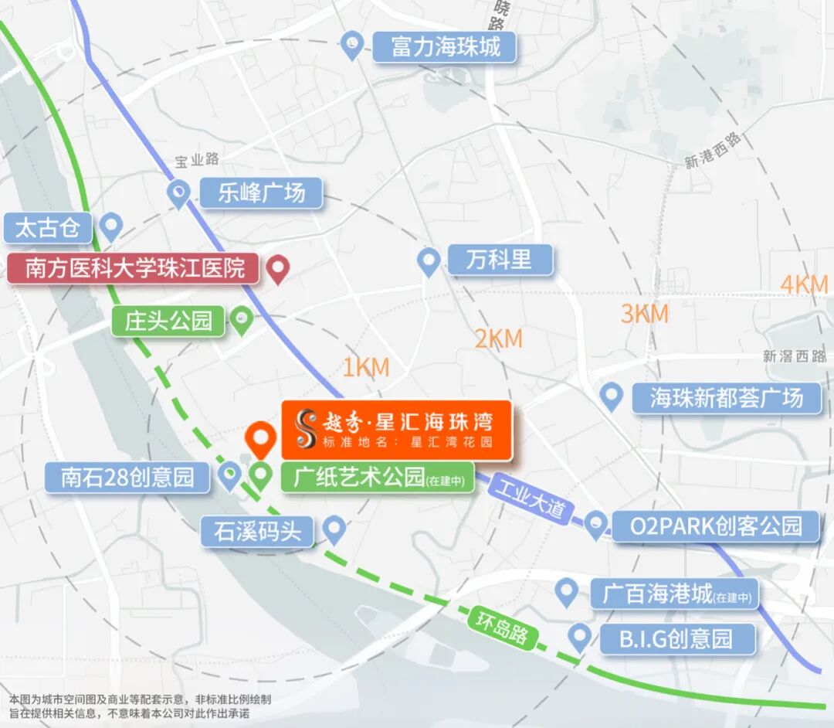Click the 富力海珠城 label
coord(445,47)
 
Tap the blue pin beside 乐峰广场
coord(179,192)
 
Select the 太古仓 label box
coord(48,229)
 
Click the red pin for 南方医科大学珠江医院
coord(277,268)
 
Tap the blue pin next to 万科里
coord(429,260)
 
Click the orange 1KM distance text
coord(365,368)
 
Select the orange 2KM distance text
coord(498,338)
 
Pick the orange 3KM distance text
coord(644,314)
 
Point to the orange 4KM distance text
coord(804,284)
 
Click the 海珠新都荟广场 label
coord(726,398)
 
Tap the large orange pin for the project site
coord(260,439)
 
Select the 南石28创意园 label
coord(127,477)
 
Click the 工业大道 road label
coord(531,501)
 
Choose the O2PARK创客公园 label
coord(715,526)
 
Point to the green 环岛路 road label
coord(502,627)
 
